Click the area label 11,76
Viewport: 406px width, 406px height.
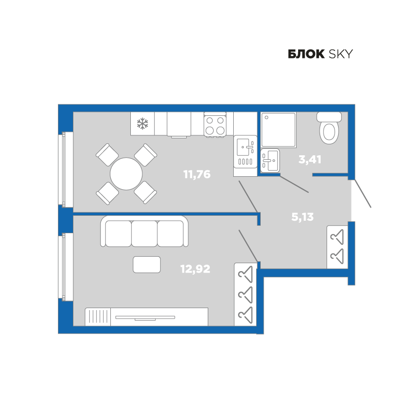(197, 174)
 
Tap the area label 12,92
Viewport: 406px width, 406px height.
(195, 269)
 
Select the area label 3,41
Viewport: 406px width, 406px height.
(310, 159)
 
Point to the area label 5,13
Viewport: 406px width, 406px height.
(303, 217)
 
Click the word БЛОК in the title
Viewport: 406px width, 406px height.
(306, 54)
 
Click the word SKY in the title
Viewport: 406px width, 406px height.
(341, 54)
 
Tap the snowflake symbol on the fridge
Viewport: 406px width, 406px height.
(142, 123)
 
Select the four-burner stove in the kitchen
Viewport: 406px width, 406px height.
(215, 125)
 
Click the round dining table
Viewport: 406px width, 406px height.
(126, 174)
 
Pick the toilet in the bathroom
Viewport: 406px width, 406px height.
(329, 128)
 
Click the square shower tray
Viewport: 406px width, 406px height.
(278, 130)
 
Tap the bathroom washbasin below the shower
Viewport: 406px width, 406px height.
(270, 160)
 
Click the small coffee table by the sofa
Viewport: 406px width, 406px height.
(147, 265)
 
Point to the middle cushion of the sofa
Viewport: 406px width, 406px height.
(144, 234)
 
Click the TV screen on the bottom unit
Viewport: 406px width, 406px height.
(145, 318)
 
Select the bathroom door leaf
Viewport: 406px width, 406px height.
(294, 184)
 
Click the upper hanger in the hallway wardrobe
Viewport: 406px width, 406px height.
(337, 237)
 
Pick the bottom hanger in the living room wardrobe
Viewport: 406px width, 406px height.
(245, 315)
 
